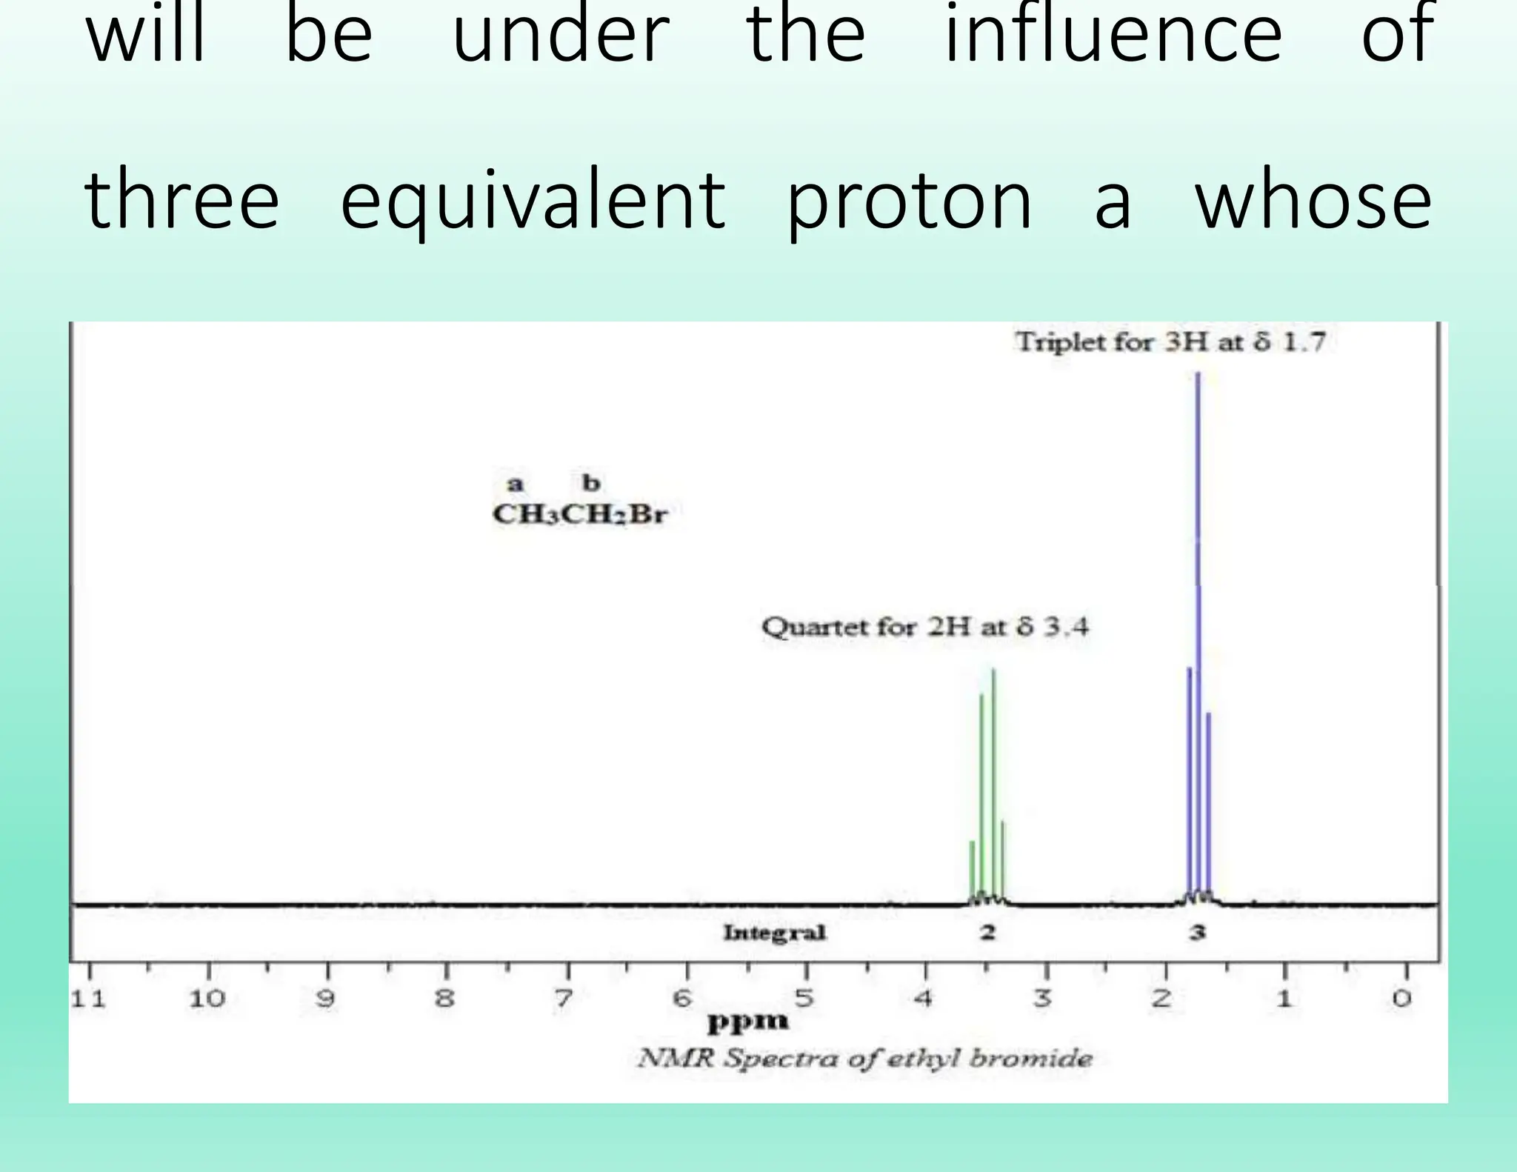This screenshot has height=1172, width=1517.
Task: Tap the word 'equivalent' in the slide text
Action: click(x=533, y=201)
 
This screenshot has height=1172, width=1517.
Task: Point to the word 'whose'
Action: click(x=1313, y=201)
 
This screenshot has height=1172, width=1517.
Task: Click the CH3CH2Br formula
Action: click(x=580, y=514)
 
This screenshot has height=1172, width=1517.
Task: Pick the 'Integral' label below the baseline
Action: click(x=774, y=932)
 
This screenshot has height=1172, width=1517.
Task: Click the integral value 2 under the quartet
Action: click(x=987, y=932)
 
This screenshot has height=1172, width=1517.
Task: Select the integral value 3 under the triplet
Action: click(x=1197, y=932)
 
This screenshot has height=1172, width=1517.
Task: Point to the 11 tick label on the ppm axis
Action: click(x=88, y=999)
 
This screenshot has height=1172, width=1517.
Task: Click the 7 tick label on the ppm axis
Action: click(x=564, y=999)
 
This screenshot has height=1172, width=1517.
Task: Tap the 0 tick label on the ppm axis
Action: click(x=1401, y=999)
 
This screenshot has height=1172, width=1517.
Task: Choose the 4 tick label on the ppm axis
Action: click(x=922, y=999)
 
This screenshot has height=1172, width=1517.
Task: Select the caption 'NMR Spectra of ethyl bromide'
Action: click(x=864, y=1058)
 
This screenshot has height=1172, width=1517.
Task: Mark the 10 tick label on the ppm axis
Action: click(x=207, y=999)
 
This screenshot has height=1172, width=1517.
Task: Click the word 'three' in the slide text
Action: click(x=182, y=201)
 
